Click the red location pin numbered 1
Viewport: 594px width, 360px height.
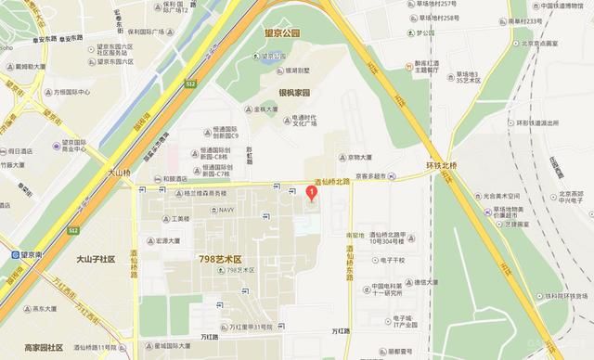312,192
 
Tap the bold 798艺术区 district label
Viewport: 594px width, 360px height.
220,257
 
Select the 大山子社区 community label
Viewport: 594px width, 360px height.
95,260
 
